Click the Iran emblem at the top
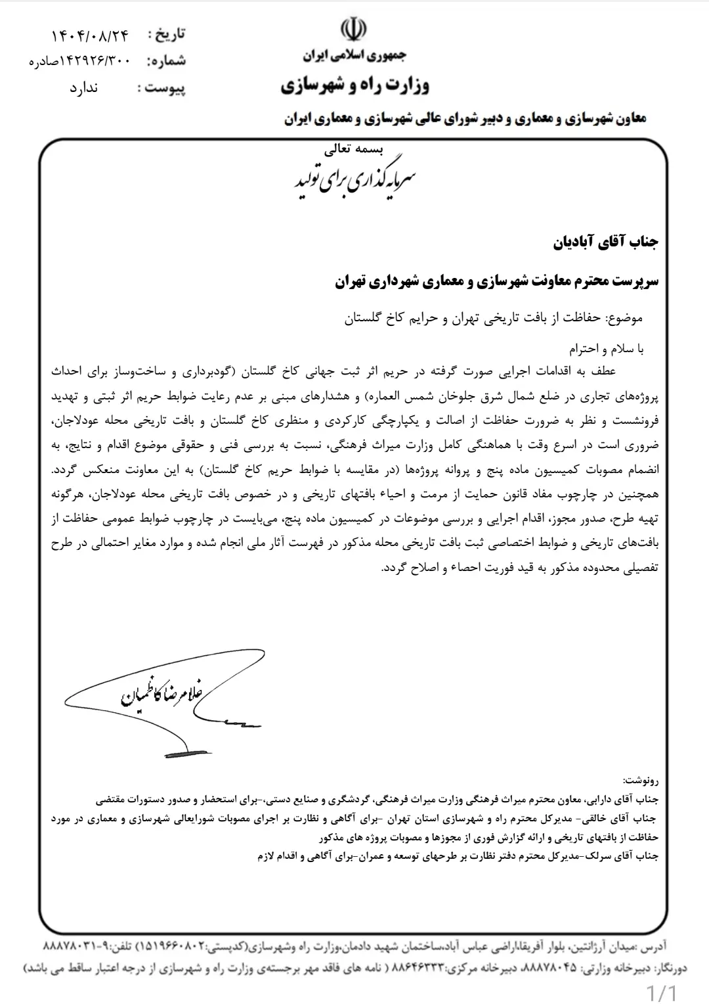click(x=354, y=30)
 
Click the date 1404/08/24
click(x=90, y=34)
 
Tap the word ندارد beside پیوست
click(x=84, y=87)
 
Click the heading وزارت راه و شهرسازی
click(x=354, y=85)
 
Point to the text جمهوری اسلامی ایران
click(x=354, y=56)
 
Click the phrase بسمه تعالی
click(x=354, y=150)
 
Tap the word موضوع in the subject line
click(x=624, y=319)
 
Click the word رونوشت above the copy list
click(x=640, y=781)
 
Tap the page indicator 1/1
click(x=662, y=991)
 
